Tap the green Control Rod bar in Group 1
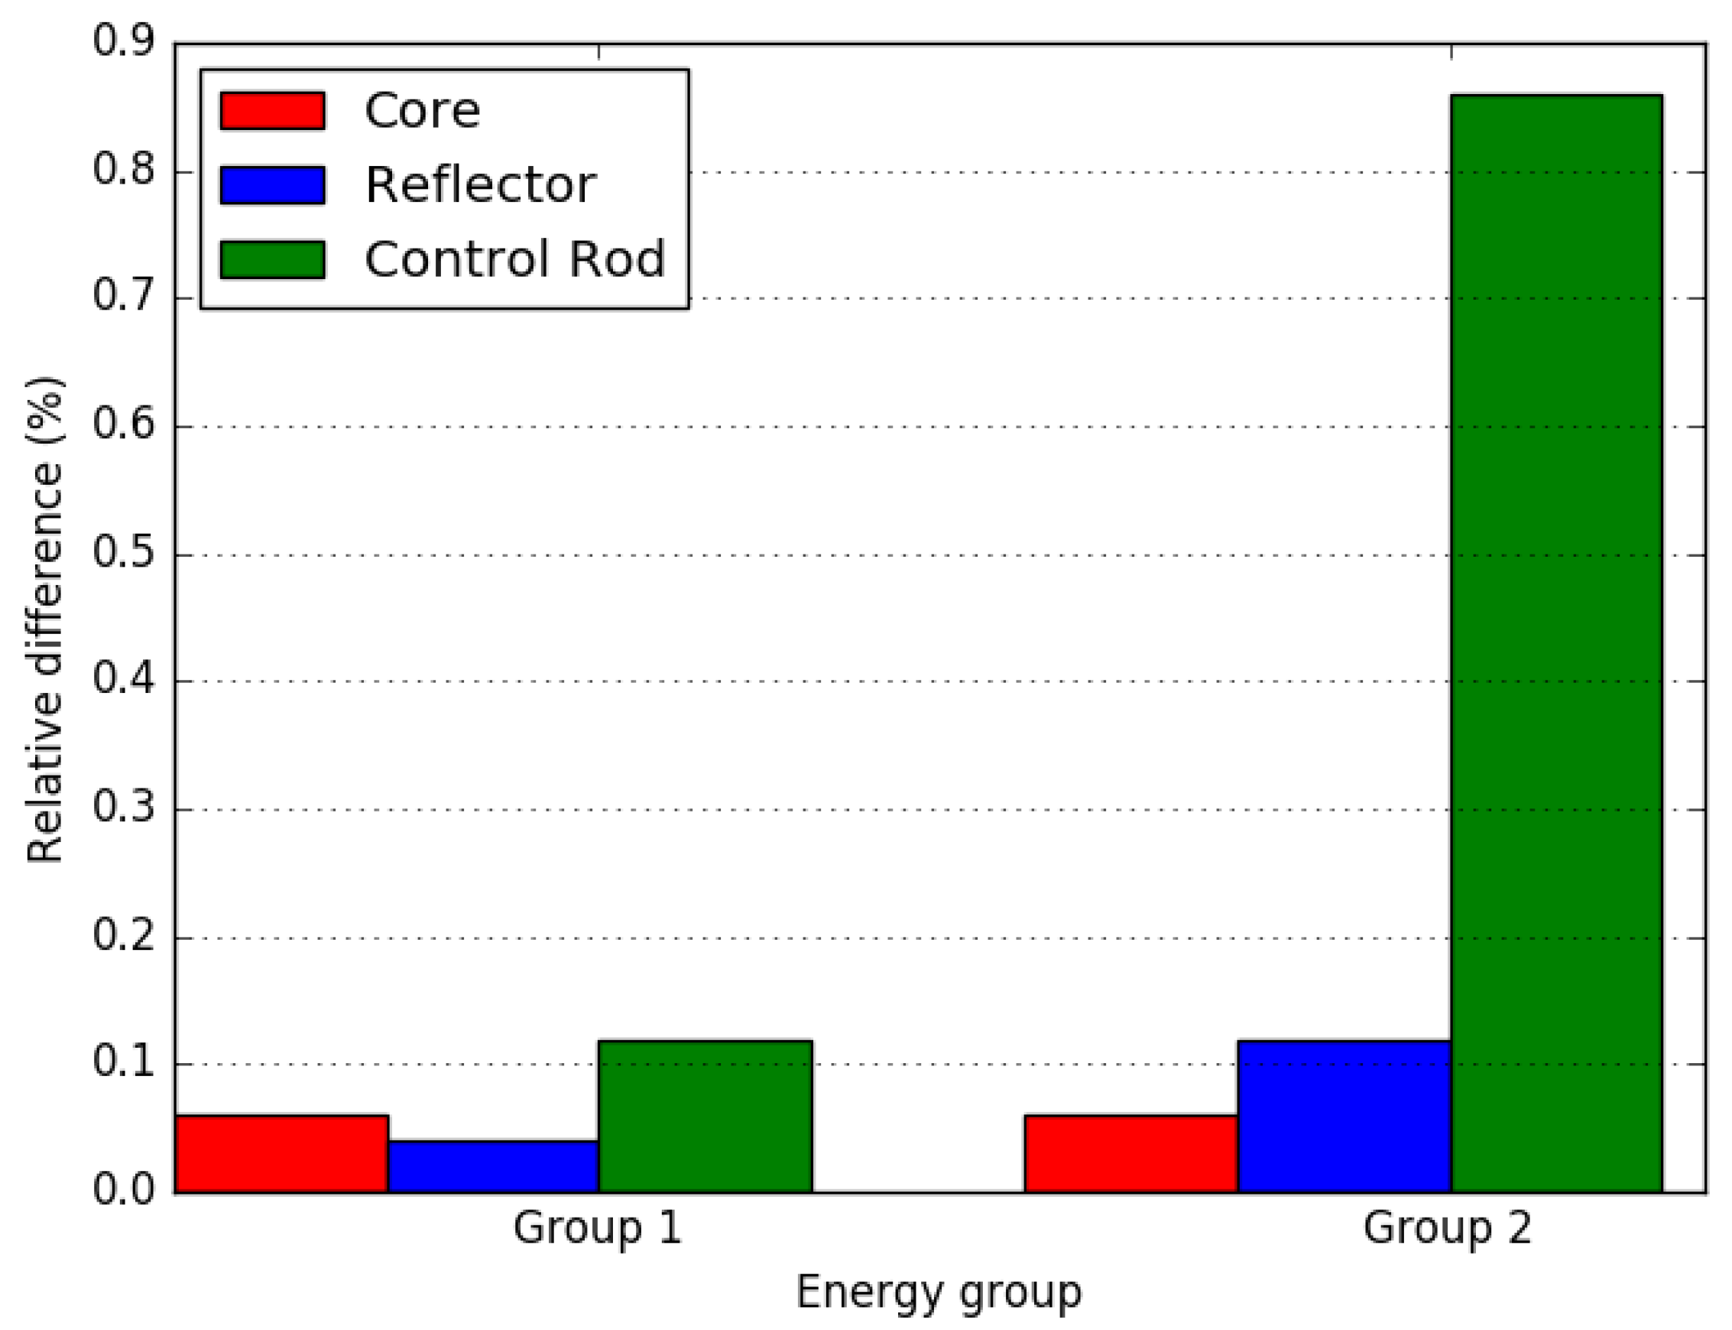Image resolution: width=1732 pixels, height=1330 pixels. pos(705,1117)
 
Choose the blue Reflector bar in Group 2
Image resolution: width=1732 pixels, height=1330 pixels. pos(1344,1117)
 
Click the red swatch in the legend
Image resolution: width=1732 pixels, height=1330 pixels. pos(272,110)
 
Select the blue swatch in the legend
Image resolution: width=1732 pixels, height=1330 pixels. pos(272,184)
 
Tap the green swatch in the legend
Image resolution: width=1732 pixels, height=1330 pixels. pos(272,259)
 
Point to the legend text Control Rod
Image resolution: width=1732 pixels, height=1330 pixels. pos(514,259)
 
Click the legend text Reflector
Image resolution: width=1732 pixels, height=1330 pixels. pos(479,184)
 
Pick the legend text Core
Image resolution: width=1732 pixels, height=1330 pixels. pos(422,110)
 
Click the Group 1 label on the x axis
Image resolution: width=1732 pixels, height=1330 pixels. pos(598,1228)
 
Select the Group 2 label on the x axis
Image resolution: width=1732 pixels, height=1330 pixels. pos(1447,1228)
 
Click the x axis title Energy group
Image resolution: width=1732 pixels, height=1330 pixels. pos(939,1293)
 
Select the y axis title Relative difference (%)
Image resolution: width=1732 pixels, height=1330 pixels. pos(45,619)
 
